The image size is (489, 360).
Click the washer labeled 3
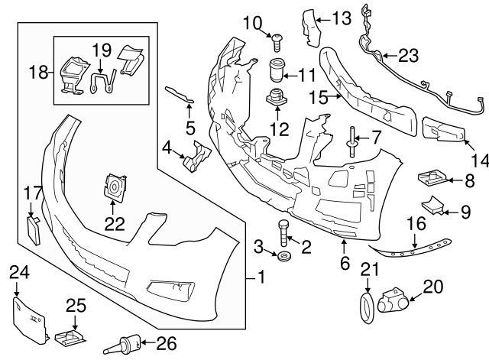283,255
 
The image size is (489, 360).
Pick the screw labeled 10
276,36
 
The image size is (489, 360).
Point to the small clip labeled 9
434,206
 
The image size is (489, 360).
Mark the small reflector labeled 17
33,227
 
